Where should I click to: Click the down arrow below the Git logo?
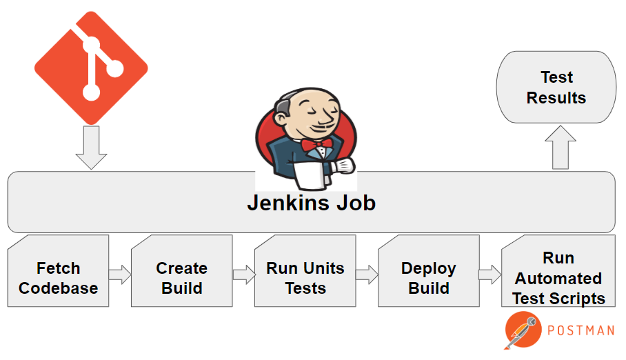[x=91, y=148]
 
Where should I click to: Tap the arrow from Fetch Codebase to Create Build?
[x=120, y=274]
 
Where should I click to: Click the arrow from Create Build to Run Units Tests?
[x=244, y=274]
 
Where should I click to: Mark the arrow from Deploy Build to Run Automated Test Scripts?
[x=489, y=274]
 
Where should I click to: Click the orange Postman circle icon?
[x=523, y=330]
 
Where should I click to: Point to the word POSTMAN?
[x=580, y=330]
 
